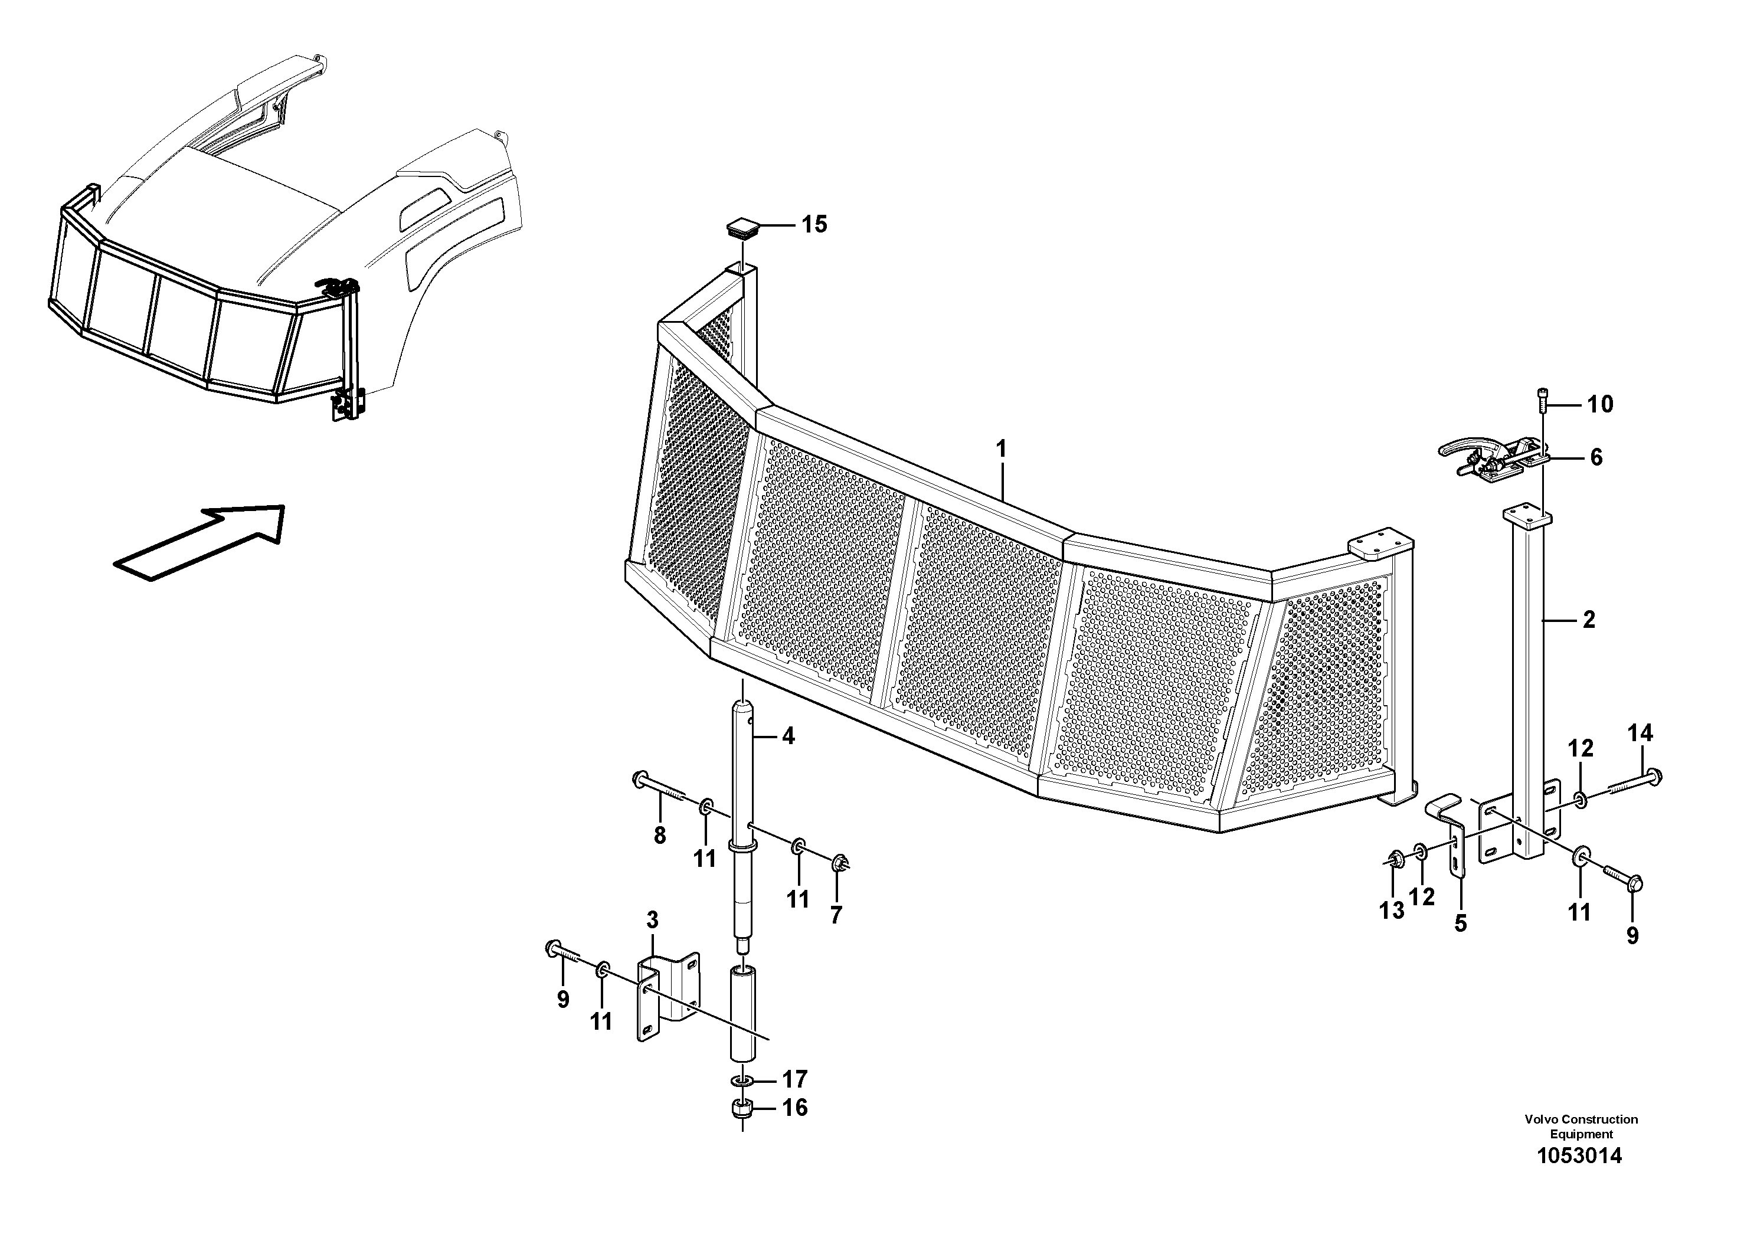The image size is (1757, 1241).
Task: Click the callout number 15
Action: pos(814,224)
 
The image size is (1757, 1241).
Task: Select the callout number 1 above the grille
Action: pos(1001,449)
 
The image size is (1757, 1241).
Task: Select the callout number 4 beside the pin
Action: pos(787,737)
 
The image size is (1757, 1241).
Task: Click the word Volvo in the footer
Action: pos(1541,1119)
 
